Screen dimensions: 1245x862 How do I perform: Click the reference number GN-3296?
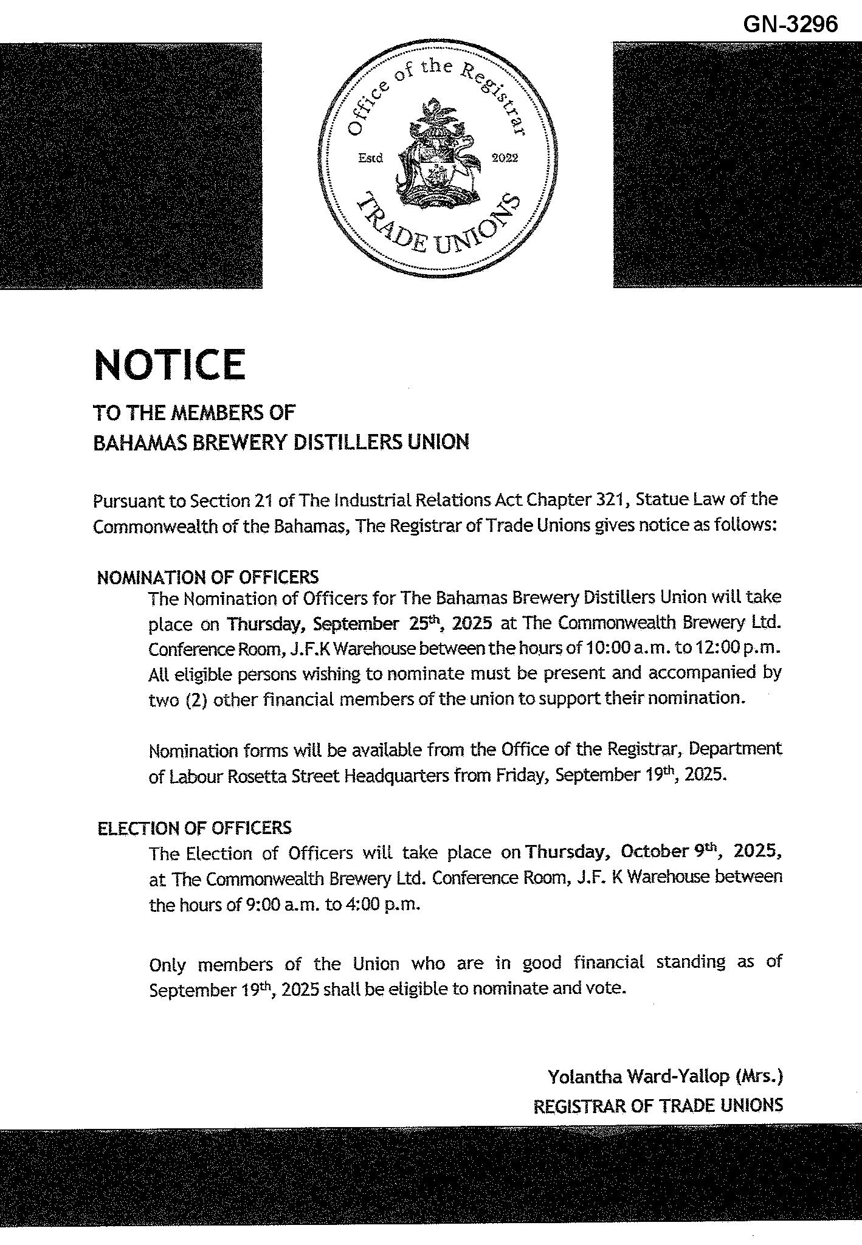[790, 24]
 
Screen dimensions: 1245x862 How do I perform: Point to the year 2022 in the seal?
[504, 158]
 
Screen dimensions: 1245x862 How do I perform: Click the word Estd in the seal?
[370, 158]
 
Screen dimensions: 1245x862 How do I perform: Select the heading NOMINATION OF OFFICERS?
[207, 577]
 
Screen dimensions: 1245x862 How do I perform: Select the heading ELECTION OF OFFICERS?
[195, 827]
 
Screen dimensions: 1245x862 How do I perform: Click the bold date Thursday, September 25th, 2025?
[359, 624]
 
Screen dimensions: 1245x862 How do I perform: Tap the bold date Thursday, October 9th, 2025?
[653, 851]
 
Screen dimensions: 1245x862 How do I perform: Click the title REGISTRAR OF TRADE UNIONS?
[658, 1105]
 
